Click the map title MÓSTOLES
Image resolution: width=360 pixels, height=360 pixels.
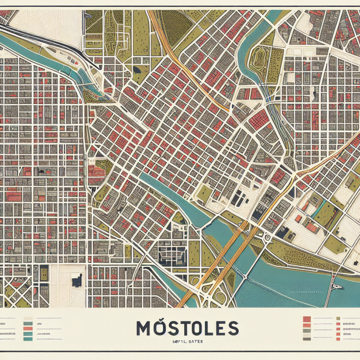pyautogui.click(x=187, y=328)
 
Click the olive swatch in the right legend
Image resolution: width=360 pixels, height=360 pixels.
pyautogui.click(x=337, y=318)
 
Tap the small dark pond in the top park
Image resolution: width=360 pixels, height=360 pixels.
pyautogui.click(x=137, y=69)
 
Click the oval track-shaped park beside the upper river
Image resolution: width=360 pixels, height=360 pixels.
pyautogui.click(x=258, y=59)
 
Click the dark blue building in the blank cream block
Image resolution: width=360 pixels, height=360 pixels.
pyautogui.click(x=76, y=281)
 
